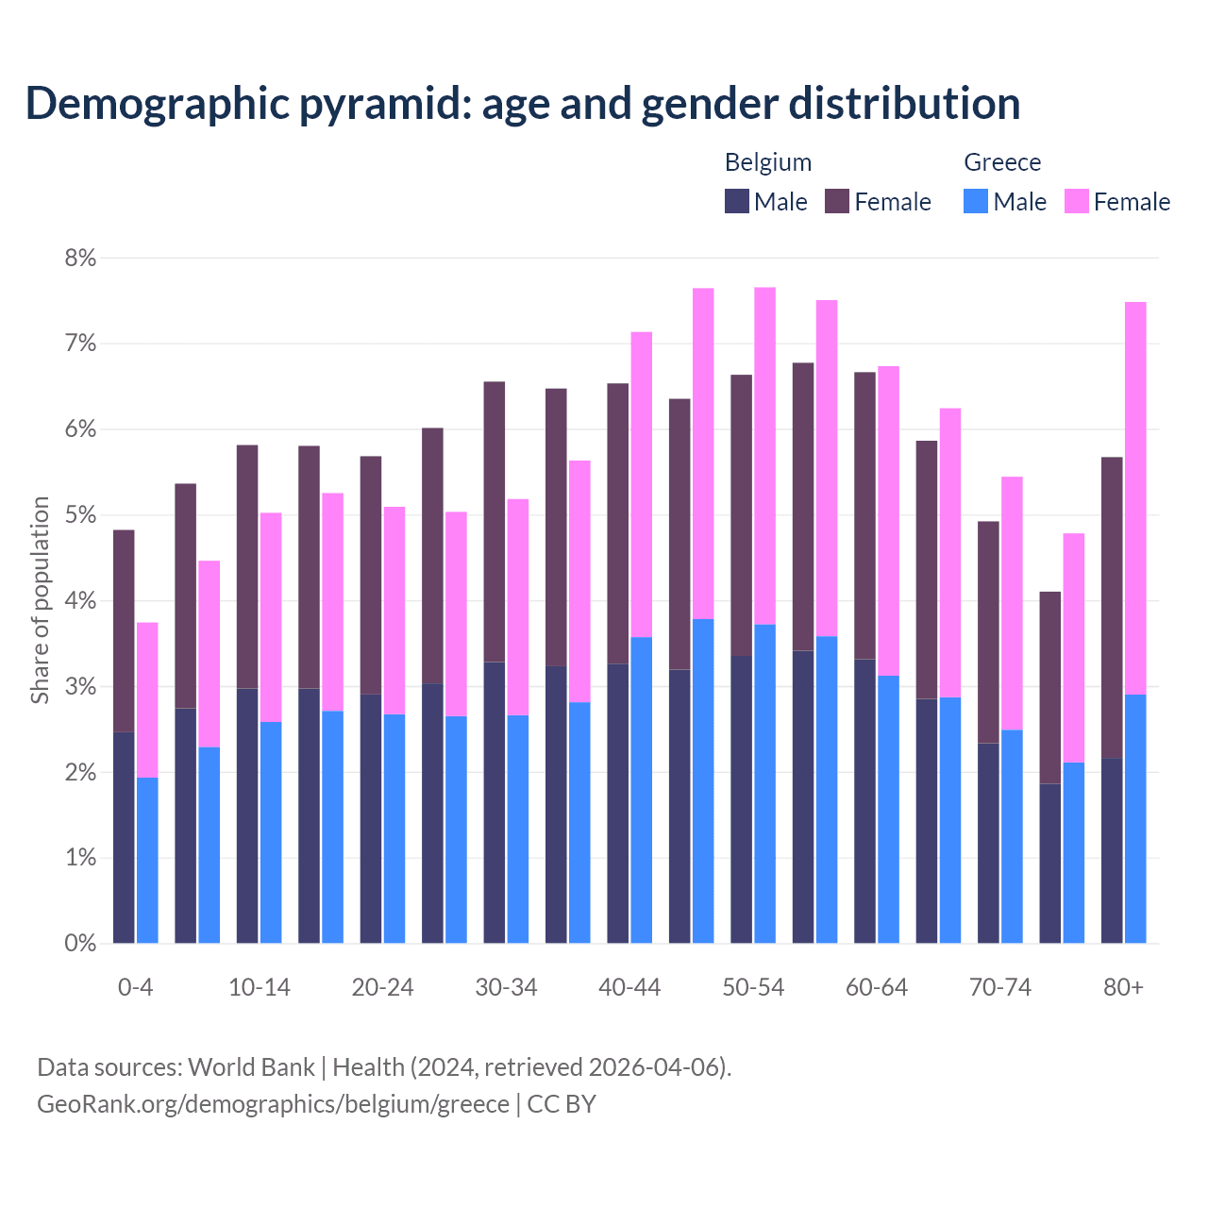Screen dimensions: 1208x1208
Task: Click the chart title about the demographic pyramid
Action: [x=522, y=103]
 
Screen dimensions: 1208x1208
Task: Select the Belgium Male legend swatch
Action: [x=736, y=201]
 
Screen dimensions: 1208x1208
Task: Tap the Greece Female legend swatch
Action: [x=1076, y=201]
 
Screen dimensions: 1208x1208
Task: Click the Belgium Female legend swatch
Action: [x=837, y=201]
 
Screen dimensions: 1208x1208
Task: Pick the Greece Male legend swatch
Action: [x=976, y=201]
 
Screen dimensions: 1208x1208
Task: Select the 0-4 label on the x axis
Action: [x=135, y=987]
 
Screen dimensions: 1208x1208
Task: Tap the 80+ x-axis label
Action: [x=1123, y=987]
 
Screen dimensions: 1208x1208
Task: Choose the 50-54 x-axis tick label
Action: [x=753, y=987]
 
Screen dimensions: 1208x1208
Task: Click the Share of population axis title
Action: [x=41, y=600]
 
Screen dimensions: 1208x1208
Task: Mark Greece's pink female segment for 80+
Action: [x=1135, y=498]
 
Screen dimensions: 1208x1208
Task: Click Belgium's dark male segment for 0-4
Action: [x=124, y=837]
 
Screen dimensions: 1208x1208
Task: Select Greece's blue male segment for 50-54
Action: [x=765, y=783]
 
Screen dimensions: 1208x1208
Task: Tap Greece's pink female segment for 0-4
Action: [x=147, y=699]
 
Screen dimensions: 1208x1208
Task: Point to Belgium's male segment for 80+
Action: [x=1112, y=850]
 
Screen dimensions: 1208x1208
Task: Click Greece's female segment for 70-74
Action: [x=1012, y=603]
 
